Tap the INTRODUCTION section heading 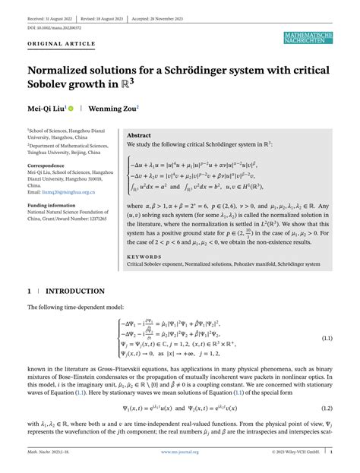pos(77,291)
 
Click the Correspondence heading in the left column pos(49,165)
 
